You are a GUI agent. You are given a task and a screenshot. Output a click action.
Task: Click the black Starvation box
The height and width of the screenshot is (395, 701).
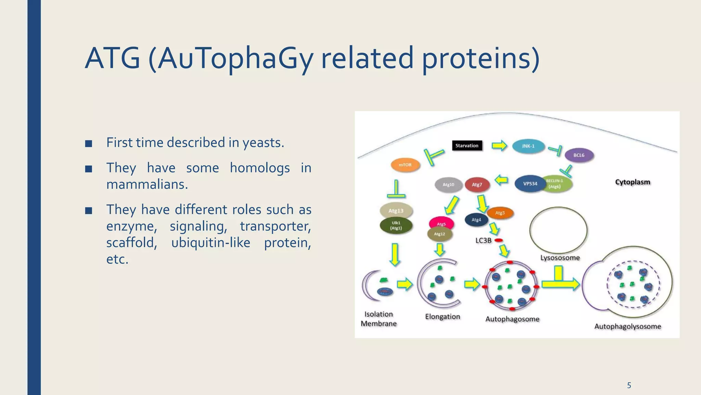click(467, 146)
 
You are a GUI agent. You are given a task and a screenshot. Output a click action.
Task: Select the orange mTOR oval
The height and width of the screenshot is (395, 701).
click(405, 165)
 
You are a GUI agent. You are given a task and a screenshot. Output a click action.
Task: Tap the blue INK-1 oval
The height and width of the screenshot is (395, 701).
click(528, 146)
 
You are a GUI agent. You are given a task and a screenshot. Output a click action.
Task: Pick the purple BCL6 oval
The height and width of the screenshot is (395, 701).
click(579, 155)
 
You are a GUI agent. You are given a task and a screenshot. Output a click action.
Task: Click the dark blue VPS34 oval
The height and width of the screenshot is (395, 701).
click(530, 184)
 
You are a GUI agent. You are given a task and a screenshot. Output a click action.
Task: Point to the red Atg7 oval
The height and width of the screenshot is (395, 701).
click(477, 185)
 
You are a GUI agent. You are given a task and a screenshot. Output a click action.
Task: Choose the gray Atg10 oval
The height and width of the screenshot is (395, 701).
click(448, 185)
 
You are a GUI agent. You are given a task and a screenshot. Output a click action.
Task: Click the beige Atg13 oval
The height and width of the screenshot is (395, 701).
click(396, 211)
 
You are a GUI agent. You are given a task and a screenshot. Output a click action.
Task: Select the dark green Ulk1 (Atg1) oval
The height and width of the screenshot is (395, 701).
click(396, 226)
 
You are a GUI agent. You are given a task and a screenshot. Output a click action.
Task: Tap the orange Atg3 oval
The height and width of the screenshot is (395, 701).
click(500, 213)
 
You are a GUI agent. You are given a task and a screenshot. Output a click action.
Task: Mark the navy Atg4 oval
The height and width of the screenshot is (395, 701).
click(476, 220)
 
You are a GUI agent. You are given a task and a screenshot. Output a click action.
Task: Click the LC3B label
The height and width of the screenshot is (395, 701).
click(483, 241)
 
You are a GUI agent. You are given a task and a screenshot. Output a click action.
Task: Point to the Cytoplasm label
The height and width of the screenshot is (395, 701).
click(633, 182)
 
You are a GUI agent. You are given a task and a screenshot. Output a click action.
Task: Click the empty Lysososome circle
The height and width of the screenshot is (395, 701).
click(558, 230)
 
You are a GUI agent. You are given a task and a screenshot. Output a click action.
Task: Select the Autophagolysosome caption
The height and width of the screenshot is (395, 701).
click(627, 326)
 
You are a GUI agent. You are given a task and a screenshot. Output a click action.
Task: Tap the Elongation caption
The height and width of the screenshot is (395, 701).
click(443, 317)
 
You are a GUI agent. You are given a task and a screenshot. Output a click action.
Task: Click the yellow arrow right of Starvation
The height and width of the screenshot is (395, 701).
click(499, 146)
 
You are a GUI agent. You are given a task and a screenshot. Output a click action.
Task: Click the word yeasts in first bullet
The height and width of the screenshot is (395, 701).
click(263, 143)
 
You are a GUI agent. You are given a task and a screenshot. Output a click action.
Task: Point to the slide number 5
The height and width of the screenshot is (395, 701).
click(629, 385)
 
